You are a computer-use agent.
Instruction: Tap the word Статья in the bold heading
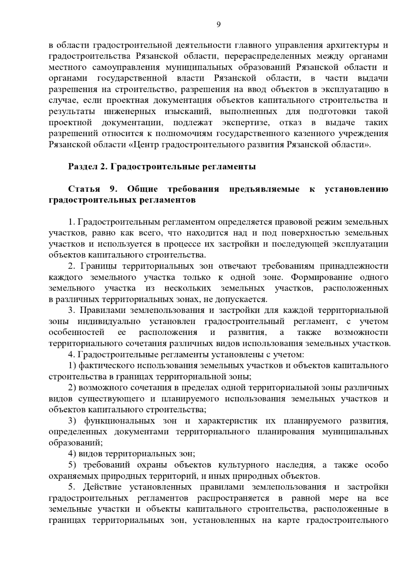(x=84, y=189)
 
